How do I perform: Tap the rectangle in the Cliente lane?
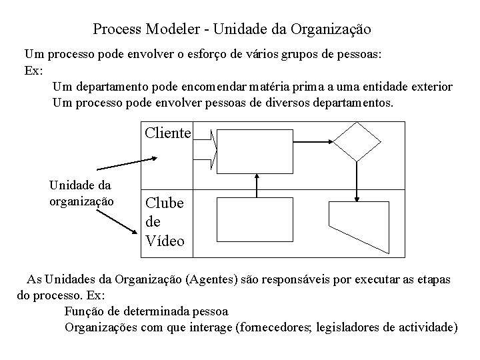(257, 149)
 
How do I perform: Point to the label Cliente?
(168, 133)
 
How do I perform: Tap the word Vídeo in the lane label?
(165, 241)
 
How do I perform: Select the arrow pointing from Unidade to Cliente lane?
(126, 164)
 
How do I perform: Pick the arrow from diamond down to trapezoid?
(358, 181)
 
